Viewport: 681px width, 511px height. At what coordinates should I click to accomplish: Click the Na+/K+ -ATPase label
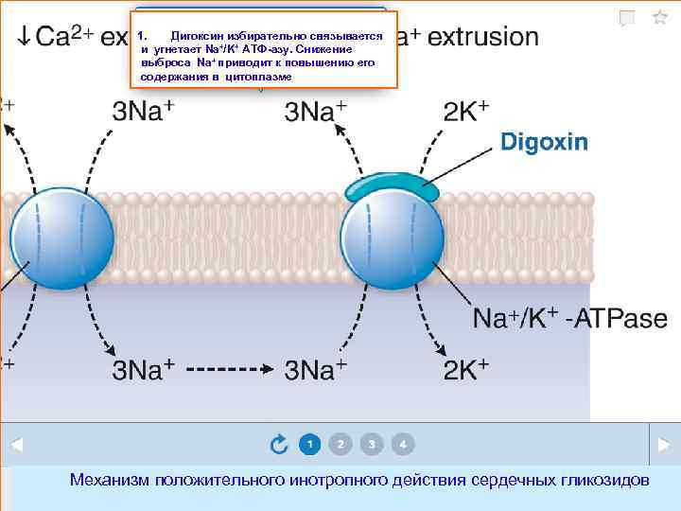pyautogui.click(x=569, y=319)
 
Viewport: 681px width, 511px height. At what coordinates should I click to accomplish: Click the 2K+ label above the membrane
pyautogui.click(x=465, y=112)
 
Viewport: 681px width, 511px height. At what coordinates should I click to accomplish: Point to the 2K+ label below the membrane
pyautogui.click(x=465, y=368)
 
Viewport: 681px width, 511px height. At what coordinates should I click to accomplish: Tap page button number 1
pyautogui.click(x=309, y=443)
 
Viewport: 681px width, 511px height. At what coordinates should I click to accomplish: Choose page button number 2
pyautogui.click(x=340, y=443)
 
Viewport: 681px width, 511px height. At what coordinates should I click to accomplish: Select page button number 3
pyautogui.click(x=372, y=443)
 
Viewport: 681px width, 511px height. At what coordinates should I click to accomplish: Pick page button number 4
pyautogui.click(x=403, y=443)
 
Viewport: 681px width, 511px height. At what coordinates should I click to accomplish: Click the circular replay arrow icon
pyautogui.click(x=279, y=443)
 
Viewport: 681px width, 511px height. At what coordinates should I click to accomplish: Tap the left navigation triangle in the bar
pyautogui.click(x=16, y=443)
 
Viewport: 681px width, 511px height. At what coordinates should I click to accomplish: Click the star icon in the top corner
pyautogui.click(x=659, y=18)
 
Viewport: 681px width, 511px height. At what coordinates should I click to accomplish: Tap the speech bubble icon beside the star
pyautogui.click(x=627, y=18)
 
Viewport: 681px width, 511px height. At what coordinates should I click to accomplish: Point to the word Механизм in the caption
pyautogui.click(x=111, y=481)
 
